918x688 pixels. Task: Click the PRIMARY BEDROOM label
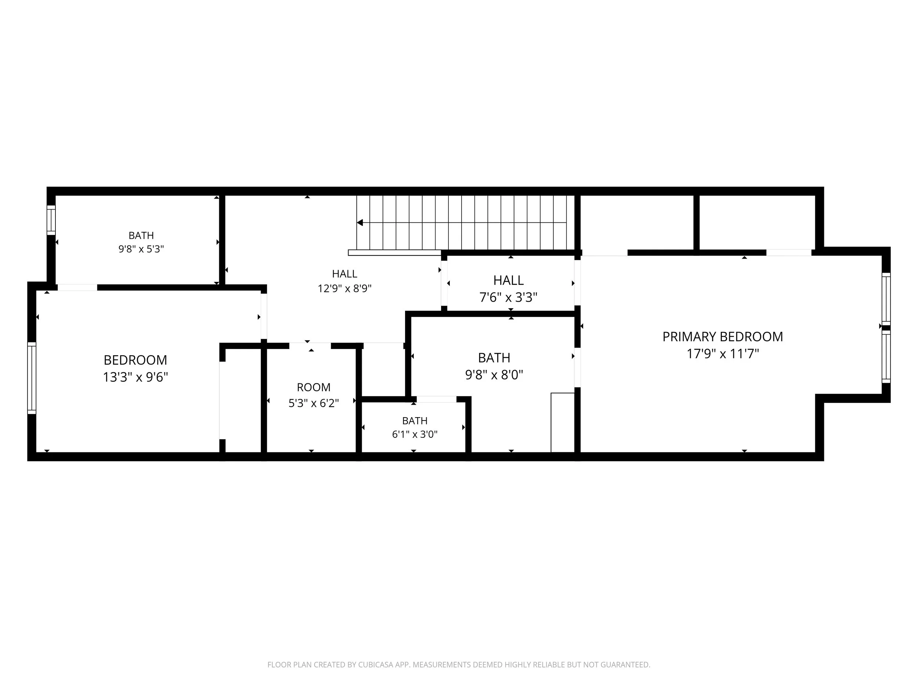click(x=723, y=337)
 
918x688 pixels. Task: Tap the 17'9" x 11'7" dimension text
click(x=723, y=354)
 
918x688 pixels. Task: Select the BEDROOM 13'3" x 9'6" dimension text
click(x=135, y=377)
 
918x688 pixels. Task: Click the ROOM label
click(x=314, y=387)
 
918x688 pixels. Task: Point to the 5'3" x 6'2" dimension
click(x=314, y=403)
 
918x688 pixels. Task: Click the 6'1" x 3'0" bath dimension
click(x=415, y=434)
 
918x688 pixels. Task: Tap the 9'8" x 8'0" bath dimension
click(x=494, y=375)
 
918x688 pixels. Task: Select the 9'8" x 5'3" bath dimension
click(x=141, y=249)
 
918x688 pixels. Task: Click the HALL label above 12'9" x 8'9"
click(x=344, y=274)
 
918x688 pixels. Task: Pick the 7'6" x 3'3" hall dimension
click(x=508, y=297)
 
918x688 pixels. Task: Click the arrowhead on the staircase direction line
click(x=360, y=223)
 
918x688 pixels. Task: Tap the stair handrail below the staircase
click(x=395, y=252)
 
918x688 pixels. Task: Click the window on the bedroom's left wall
click(x=32, y=378)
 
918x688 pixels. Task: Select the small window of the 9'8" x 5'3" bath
click(x=51, y=220)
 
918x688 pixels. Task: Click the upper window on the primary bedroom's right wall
click(x=886, y=299)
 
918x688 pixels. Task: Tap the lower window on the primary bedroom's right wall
click(x=886, y=357)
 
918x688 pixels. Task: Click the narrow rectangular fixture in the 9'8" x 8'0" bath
click(x=563, y=422)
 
